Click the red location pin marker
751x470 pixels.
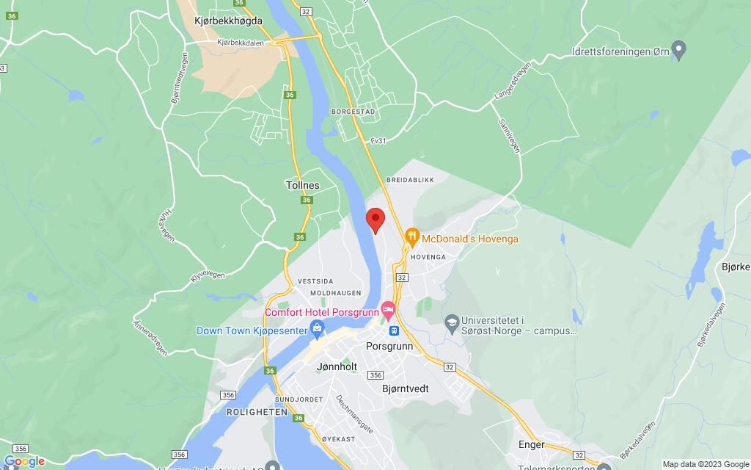[x=375, y=220]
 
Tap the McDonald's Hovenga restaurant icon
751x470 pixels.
[x=411, y=237]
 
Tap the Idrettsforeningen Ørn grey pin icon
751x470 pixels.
[x=679, y=51]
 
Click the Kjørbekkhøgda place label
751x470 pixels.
[x=228, y=21]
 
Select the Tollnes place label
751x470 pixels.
[x=302, y=186]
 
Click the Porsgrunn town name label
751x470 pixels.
[x=389, y=346]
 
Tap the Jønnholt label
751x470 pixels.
[x=337, y=366]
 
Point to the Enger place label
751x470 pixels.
[x=532, y=444]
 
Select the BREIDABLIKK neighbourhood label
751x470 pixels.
[x=410, y=179]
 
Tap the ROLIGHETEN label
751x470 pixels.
[x=236, y=412]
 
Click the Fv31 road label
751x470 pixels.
[x=378, y=141]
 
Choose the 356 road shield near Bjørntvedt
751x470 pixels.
[x=375, y=375]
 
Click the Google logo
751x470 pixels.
[x=23, y=461]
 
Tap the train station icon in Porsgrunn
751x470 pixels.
[x=394, y=330]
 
